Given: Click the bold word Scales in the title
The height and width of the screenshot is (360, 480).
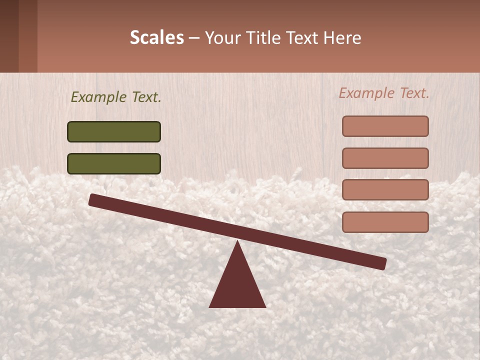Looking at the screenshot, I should click(157, 37).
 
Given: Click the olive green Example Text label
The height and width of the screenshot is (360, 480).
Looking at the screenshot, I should click(116, 97).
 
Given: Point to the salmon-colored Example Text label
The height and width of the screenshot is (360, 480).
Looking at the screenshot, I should click(384, 93).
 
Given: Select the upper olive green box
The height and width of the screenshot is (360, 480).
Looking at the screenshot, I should click(114, 131).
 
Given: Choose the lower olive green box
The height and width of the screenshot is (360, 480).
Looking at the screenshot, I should click(114, 163).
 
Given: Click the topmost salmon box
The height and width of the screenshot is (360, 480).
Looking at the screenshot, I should click(385, 126).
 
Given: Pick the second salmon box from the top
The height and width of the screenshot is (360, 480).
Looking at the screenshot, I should click(385, 158).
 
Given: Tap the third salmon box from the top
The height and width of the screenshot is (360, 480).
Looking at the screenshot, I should click(385, 190).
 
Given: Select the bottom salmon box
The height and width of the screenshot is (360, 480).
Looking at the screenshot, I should click(385, 222).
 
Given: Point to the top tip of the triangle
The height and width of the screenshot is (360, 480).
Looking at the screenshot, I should click(237, 241).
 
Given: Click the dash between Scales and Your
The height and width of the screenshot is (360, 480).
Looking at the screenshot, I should click(194, 38).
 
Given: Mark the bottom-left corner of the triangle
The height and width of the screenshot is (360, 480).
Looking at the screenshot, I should click(210, 306).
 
